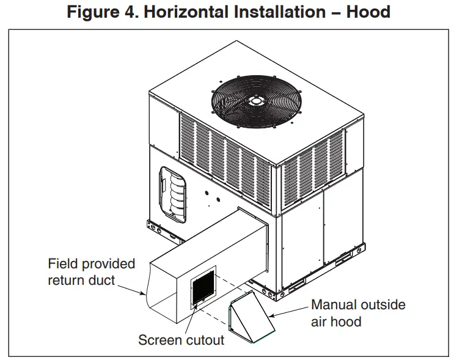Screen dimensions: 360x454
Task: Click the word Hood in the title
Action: pos(368,12)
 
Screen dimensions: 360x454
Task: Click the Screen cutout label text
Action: pos(181,340)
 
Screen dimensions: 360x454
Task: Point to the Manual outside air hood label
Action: pos(357,313)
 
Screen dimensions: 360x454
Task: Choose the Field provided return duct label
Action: pos(91,273)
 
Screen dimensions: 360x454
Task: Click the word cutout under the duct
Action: pos(203,340)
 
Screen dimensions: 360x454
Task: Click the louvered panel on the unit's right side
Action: pos(312,165)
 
